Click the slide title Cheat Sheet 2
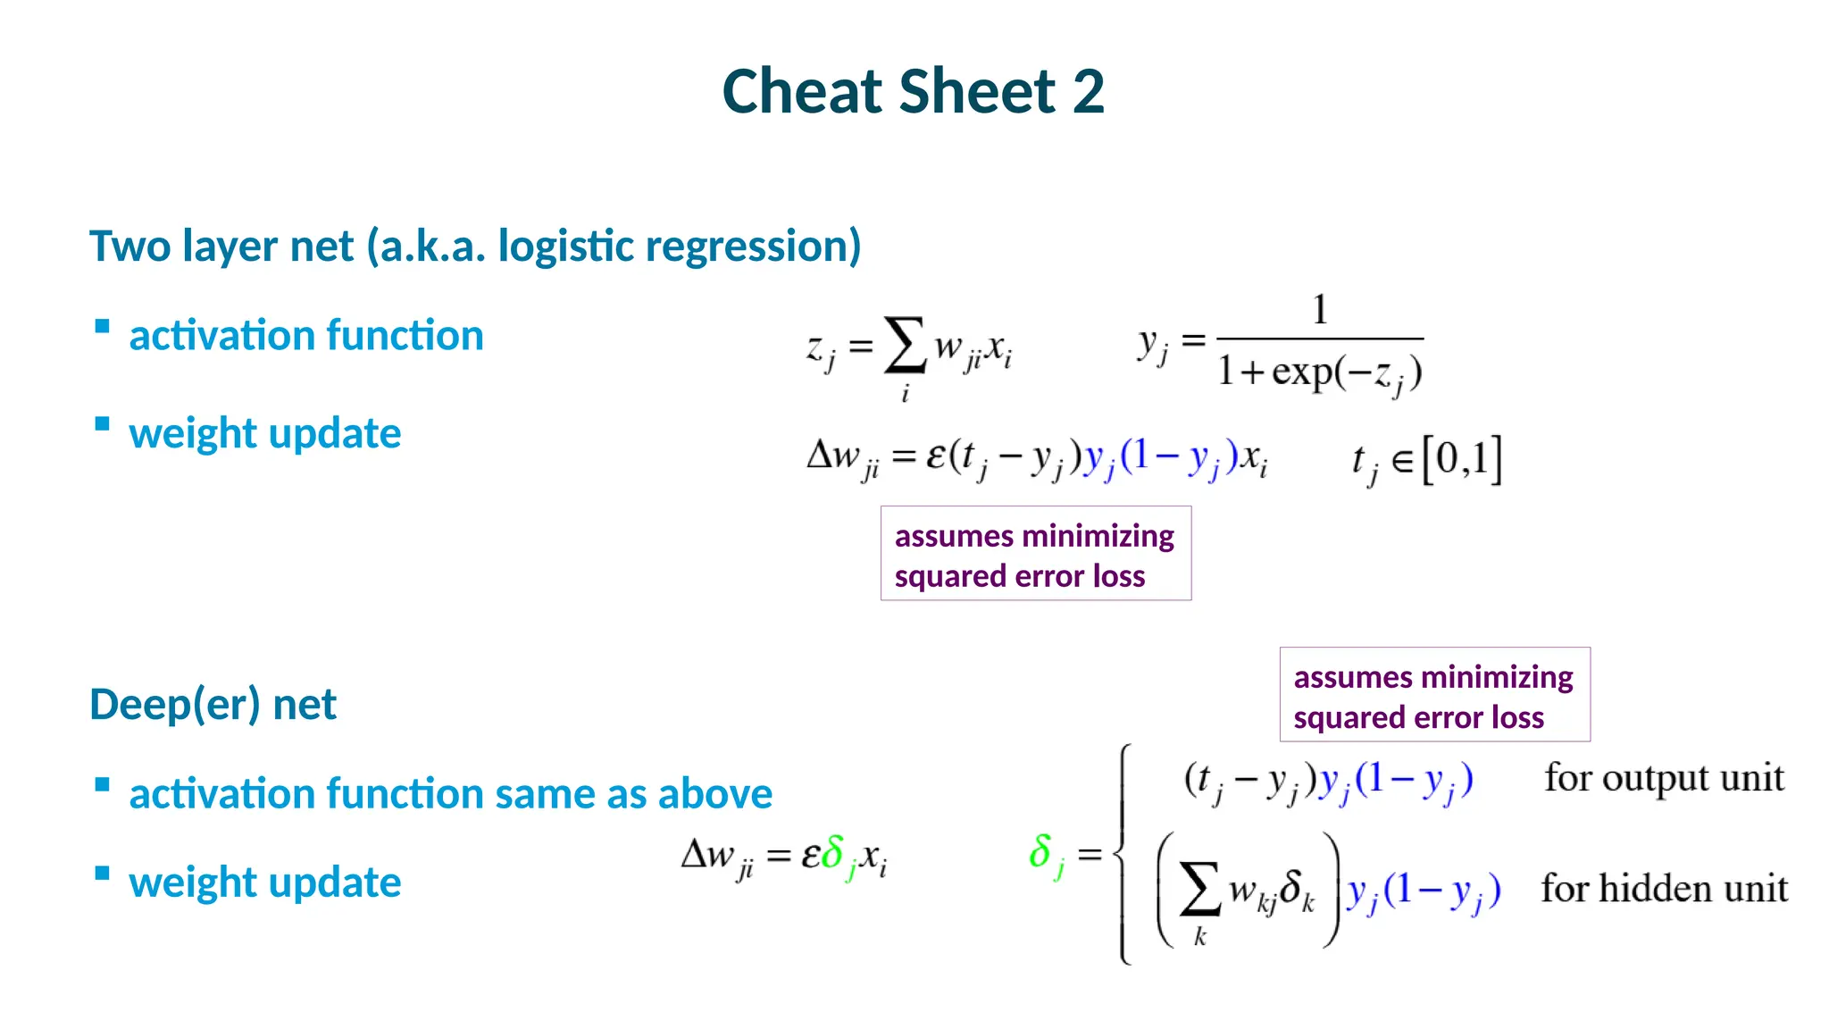(x=913, y=92)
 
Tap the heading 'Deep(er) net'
(x=213, y=705)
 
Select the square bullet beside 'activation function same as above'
(x=103, y=785)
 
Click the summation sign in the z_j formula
(x=904, y=346)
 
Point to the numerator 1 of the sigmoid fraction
(x=1320, y=310)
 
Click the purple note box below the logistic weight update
(x=1035, y=554)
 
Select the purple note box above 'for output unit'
(x=1434, y=695)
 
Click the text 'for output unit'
(x=1664, y=778)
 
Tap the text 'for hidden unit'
(x=1664, y=889)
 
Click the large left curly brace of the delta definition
(x=1123, y=854)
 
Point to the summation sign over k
(x=1199, y=889)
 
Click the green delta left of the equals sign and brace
(x=1041, y=851)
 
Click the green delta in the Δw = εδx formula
(x=832, y=852)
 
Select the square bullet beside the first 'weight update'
(x=103, y=424)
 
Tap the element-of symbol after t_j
(x=1402, y=462)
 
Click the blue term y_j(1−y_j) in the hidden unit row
(x=1424, y=891)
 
